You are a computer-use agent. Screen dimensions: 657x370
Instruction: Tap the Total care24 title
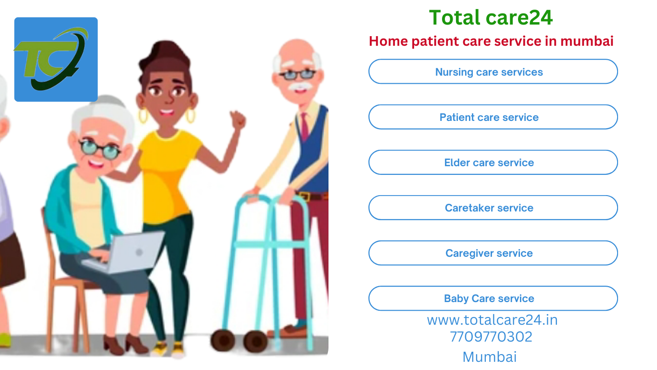(491, 17)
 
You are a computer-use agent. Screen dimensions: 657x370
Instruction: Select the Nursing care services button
(493, 71)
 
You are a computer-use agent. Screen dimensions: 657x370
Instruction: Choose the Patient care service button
(493, 117)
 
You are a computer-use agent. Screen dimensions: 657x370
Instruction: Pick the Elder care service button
(493, 162)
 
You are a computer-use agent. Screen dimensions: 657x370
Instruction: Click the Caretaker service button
(493, 208)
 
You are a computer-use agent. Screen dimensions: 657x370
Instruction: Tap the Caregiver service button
(493, 253)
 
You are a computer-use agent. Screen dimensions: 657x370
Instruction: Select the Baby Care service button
(493, 298)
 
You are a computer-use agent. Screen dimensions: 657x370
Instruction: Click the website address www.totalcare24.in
(492, 320)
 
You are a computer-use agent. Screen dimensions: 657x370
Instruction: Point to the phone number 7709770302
(491, 337)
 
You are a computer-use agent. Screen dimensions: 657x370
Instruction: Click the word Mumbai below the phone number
(490, 357)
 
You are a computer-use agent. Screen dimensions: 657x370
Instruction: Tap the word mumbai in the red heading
(587, 41)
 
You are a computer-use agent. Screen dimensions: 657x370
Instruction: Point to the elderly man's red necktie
(304, 126)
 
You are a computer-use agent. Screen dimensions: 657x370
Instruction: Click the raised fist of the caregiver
(238, 119)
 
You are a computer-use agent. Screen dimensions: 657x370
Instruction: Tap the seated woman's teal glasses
(100, 149)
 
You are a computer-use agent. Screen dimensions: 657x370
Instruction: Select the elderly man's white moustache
(300, 86)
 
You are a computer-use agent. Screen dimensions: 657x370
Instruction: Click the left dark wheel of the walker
(223, 341)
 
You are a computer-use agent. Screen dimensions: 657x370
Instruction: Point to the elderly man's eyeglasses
(297, 74)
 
